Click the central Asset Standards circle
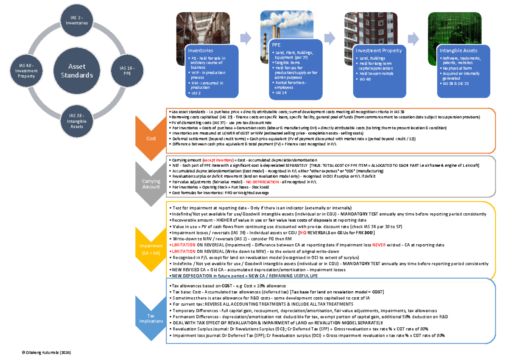[x=77, y=71]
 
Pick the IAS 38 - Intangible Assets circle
[x=77, y=121]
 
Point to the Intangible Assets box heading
[x=461, y=50]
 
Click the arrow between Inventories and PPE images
[x=246, y=38]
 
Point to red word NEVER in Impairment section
[x=379, y=245]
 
